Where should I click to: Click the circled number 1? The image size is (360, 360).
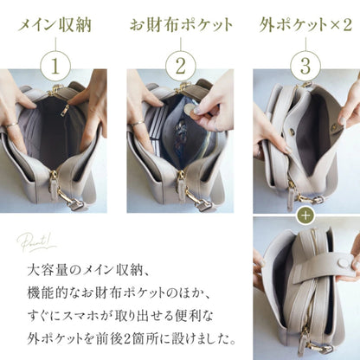click(55, 66)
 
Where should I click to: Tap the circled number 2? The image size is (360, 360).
click(181, 66)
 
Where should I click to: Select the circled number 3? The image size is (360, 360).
click(305, 66)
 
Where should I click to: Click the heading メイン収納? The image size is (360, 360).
click(55, 25)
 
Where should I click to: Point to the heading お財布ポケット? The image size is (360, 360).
click(181, 25)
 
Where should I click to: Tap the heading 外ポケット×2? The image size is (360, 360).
click(305, 25)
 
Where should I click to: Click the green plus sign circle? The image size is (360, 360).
click(305, 215)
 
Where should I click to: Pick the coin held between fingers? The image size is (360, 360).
click(190, 110)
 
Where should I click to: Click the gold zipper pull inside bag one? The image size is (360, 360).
click(65, 111)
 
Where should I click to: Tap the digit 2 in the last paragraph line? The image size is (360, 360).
click(127, 339)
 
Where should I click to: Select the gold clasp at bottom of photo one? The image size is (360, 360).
click(70, 200)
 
